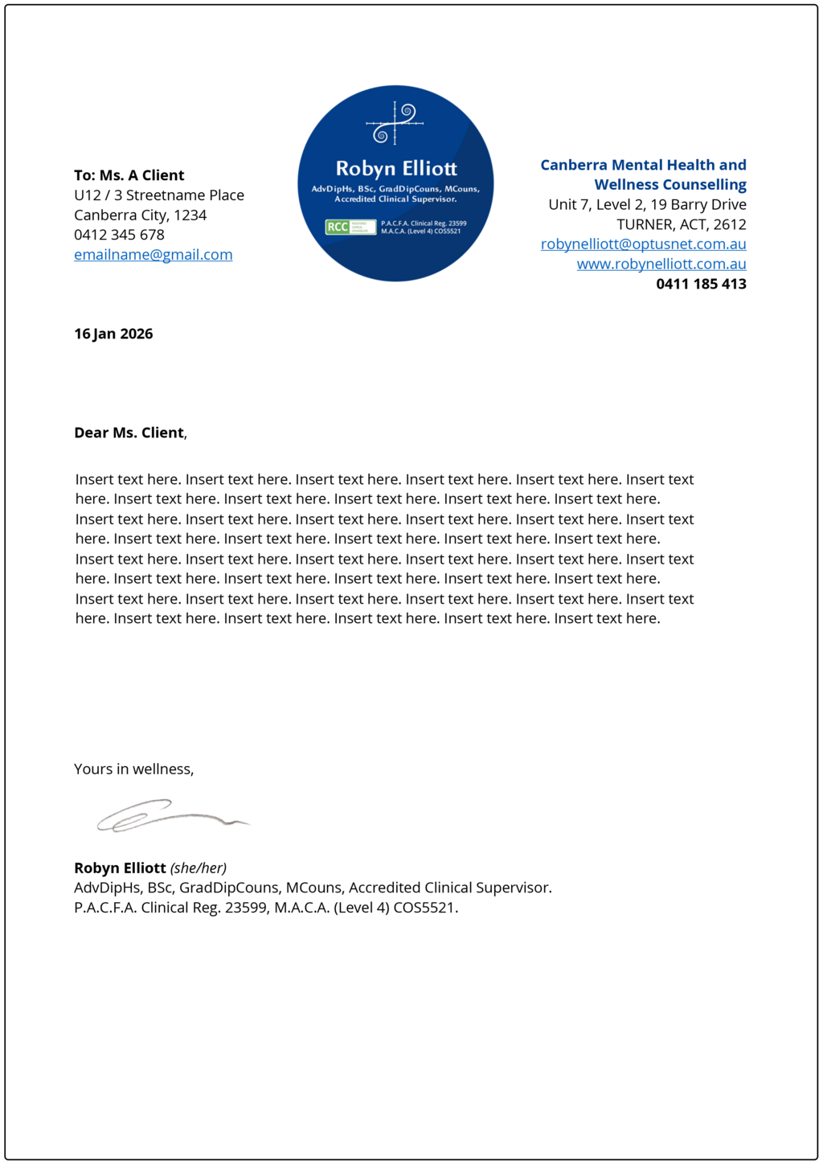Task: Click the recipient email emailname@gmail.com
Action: point(153,255)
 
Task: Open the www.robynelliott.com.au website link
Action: point(661,265)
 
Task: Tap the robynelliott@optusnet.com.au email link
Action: point(643,244)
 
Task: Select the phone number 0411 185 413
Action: point(701,284)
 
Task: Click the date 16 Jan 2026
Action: point(113,334)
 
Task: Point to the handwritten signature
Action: point(170,815)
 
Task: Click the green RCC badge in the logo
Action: point(350,227)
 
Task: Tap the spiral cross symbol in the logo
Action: point(395,123)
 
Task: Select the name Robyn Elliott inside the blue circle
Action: point(395,169)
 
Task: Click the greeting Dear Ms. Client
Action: point(129,433)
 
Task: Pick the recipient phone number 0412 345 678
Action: point(119,235)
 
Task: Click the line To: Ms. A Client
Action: point(129,175)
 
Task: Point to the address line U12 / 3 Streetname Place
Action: point(159,195)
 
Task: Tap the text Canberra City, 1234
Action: point(141,215)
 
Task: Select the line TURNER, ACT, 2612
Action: point(681,224)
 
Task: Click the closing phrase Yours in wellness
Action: point(133,769)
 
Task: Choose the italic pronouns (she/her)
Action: point(199,868)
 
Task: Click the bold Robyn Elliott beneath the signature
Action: point(120,868)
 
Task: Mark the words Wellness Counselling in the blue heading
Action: point(669,185)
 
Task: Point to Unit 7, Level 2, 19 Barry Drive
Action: point(647,205)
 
